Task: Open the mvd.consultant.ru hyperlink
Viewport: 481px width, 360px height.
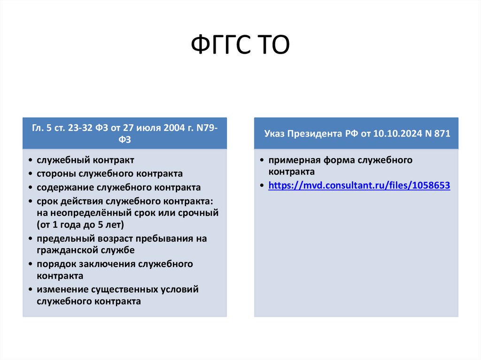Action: [x=359, y=185]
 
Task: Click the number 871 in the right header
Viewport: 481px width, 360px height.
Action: [x=442, y=134]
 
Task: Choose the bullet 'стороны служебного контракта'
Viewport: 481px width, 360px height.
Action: [x=109, y=174]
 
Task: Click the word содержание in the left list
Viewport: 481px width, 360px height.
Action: [x=65, y=187]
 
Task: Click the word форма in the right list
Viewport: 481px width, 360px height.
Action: [x=334, y=160]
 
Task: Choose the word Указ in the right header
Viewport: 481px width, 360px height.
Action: [x=273, y=134]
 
